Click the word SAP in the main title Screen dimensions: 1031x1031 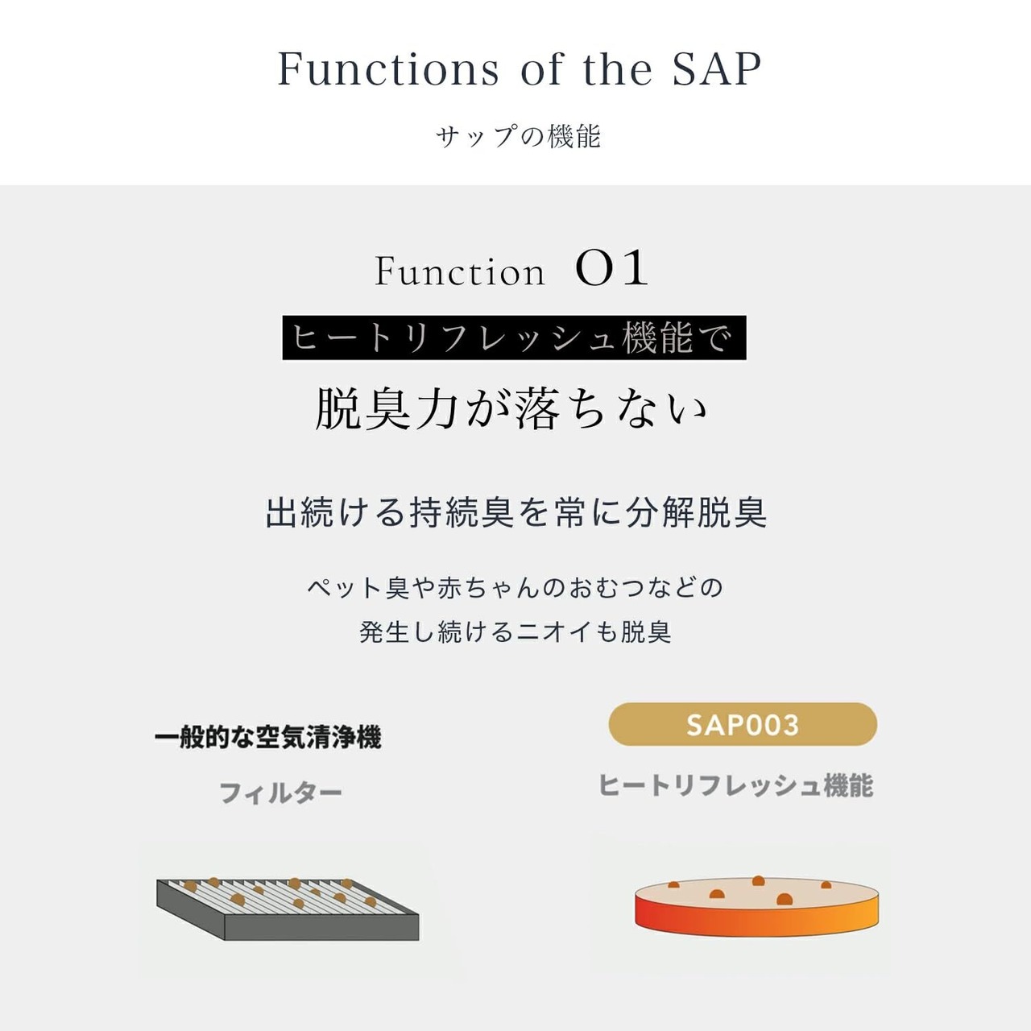(716, 69)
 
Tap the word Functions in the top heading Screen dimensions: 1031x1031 (388, 69)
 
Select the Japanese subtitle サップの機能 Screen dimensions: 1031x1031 (518, 136)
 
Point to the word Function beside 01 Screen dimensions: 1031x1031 (460, 271)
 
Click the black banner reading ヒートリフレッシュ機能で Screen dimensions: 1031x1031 (514, 337)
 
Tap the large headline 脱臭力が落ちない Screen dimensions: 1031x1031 (511, 408)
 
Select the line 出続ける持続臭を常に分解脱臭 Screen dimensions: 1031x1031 (515, 512)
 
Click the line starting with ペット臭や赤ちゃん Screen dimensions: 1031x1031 (515, 587)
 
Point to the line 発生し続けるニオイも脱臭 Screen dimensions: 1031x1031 (515, 631)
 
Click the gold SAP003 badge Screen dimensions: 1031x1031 (743, 724)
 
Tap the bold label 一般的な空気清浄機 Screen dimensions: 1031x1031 (268, 738)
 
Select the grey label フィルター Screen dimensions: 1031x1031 (280, 793)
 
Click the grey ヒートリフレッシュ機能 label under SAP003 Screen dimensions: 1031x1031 (735, 785)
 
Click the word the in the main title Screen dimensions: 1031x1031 (618, 69)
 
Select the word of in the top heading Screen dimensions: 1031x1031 (541, 69)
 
